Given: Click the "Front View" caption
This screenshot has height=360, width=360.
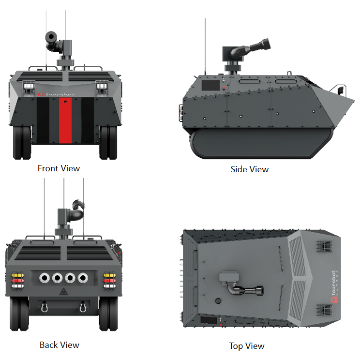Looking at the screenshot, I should tap(59, 168).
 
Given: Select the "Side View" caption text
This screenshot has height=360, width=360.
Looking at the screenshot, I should tap(249, 169).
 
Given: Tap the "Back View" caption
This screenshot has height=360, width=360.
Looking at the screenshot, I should tap(59, 345).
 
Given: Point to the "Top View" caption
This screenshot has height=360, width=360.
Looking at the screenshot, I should tap(247, 346).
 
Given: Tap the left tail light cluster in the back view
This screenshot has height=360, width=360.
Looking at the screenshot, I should tap(17, 280).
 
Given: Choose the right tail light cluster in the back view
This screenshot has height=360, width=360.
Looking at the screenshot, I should tap(110, 280).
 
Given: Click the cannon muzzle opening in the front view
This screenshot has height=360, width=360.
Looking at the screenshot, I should tap(50, 37).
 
